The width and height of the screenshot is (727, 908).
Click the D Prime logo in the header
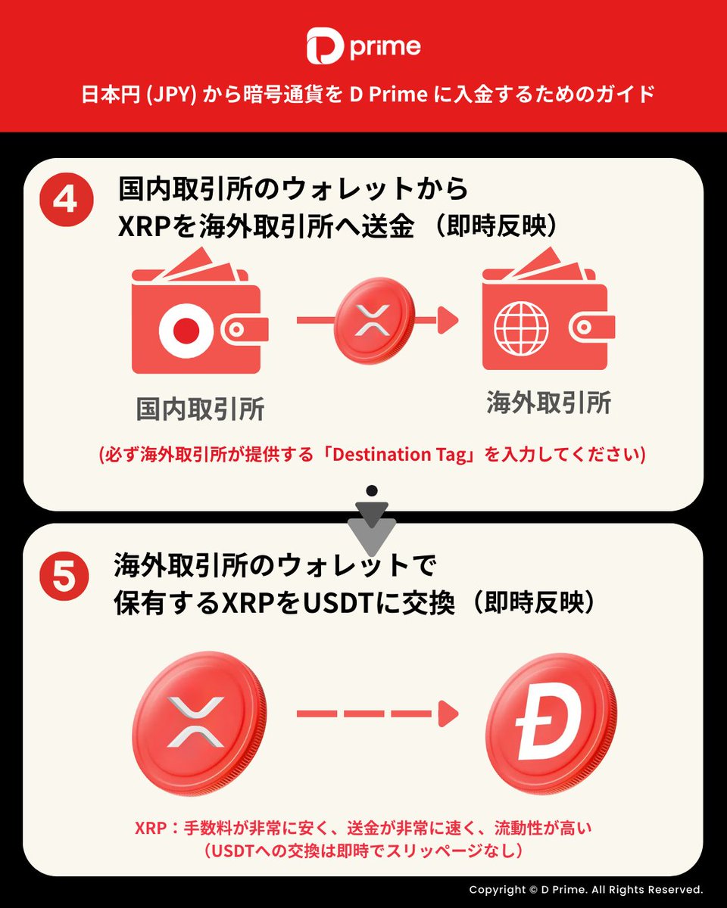coord(363,47)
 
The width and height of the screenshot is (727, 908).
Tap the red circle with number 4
coord(65,201)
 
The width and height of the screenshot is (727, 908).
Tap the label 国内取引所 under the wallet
coord(200,409)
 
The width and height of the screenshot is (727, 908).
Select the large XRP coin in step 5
coord(198,718)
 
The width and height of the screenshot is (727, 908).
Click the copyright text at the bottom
coord(585,890)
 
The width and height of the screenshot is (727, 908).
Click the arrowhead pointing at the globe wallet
coord(449,321)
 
